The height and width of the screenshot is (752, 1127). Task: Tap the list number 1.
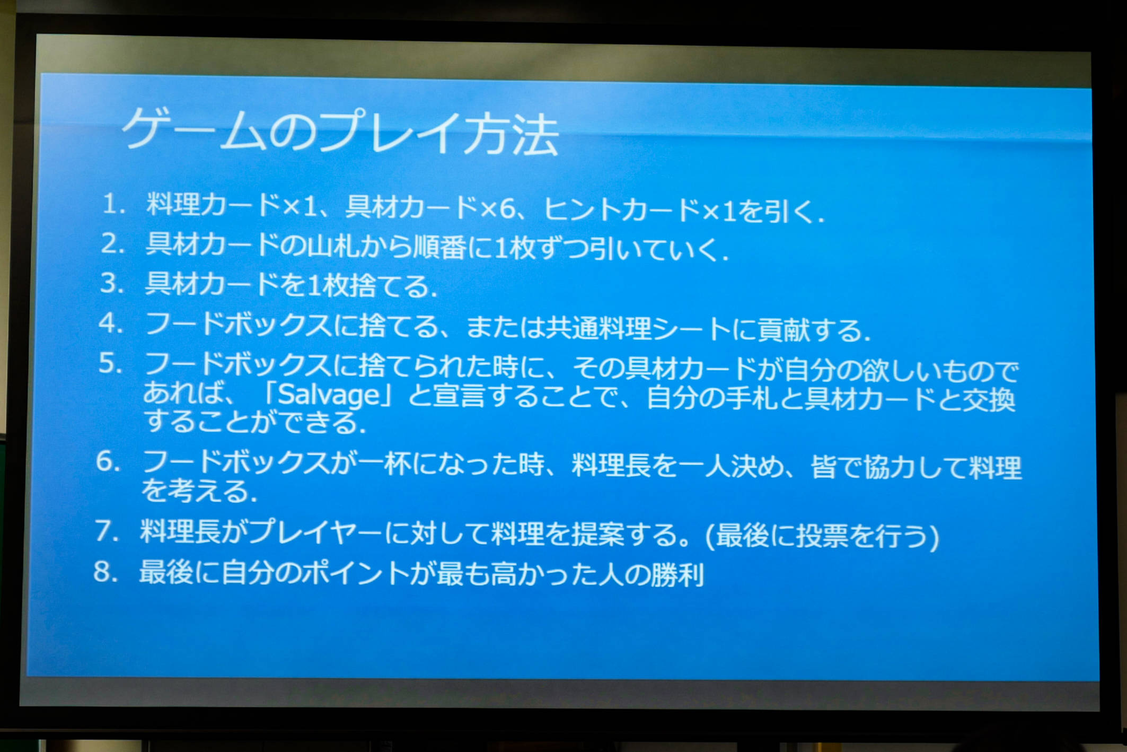113,204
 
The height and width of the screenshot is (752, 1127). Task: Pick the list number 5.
110,363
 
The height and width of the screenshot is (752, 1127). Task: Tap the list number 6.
108,461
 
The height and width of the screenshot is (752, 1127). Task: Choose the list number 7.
107,530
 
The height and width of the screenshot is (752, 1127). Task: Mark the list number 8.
105,572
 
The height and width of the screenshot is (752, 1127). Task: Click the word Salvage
329,394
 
